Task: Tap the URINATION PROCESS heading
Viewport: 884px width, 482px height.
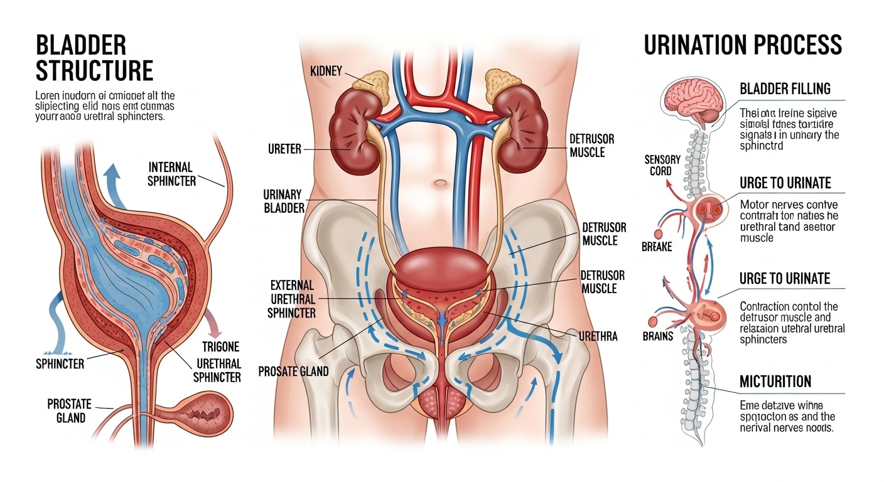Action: point(743,45)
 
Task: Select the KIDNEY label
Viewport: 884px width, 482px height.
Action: point(326,71)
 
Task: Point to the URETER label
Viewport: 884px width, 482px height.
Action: point(284,149)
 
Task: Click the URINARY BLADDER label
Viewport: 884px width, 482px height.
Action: point(284,201)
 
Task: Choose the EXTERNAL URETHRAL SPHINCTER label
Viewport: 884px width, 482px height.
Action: point(292,299)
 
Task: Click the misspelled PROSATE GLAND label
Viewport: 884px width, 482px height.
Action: point(293,372)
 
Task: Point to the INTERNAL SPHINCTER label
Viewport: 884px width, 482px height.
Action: point(171,174)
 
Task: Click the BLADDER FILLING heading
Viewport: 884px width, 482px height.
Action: point(785,88)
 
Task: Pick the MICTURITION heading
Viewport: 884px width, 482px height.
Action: point(775,381)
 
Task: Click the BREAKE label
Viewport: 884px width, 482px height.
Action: point(657,247)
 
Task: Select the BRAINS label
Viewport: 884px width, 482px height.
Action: point(657,336)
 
